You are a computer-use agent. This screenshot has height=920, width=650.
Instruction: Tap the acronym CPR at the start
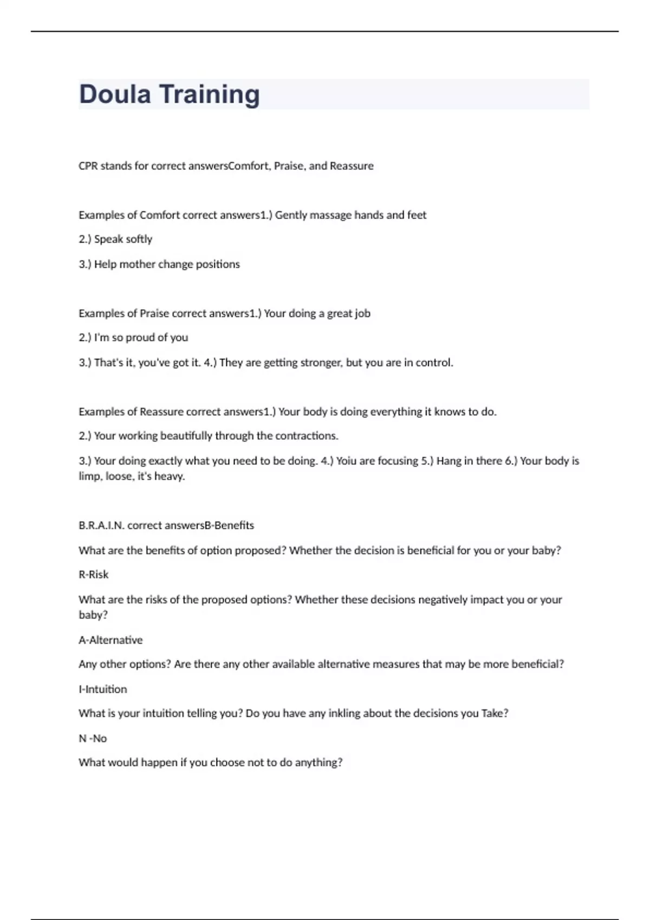click(88, 166)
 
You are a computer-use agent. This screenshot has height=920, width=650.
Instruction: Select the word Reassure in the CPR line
click(352, 166)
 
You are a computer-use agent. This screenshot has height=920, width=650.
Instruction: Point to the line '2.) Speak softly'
click(115, 239)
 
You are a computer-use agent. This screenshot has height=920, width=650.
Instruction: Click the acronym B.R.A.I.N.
click(101, 525)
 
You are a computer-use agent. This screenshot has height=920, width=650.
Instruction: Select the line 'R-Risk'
click(94, 575)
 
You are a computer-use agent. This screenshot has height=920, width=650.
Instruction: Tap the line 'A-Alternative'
click(110, 640)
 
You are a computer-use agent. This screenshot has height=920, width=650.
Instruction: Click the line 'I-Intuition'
click(103, 689)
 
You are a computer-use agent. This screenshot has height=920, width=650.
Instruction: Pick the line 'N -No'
click(93, 739)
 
